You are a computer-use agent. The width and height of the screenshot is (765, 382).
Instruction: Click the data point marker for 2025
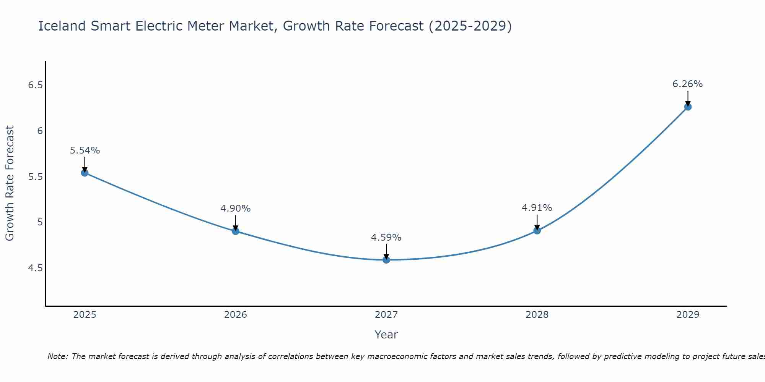pos(85,173)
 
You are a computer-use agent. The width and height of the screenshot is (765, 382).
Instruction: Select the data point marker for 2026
pos(236,231)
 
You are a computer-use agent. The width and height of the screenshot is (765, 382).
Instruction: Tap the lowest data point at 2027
pos(386,260)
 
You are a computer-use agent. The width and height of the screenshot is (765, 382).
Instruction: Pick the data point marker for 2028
pos(537,230)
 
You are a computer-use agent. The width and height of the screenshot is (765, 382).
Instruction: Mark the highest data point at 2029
pos(688,107)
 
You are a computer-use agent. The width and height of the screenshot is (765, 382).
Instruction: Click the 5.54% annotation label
pos(85,151)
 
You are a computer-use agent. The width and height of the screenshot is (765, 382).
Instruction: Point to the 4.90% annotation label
pos(236,209)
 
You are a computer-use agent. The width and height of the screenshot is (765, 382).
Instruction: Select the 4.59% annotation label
pos(386,238)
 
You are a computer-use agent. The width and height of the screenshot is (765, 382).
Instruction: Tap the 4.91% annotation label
pos(537,208)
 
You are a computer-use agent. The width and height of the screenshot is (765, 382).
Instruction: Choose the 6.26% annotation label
pos(688,84)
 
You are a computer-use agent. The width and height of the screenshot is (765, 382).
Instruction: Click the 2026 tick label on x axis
pos(236,315)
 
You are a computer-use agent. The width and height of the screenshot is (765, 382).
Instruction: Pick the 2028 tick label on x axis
pos(537,315)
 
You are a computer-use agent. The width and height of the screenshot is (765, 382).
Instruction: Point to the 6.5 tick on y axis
pos(35,85)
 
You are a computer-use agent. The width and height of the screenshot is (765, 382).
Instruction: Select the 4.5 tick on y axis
pos(35,268)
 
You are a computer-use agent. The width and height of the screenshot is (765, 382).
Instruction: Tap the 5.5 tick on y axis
pos(35,177)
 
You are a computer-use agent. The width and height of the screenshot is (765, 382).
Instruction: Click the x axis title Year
pos(386,335)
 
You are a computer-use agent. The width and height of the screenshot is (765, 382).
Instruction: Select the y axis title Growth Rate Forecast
pos(10,183)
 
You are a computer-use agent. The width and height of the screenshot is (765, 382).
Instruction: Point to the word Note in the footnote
pos(57,356)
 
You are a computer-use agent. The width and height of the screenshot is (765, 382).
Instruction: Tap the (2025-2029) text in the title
pos(470,26)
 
